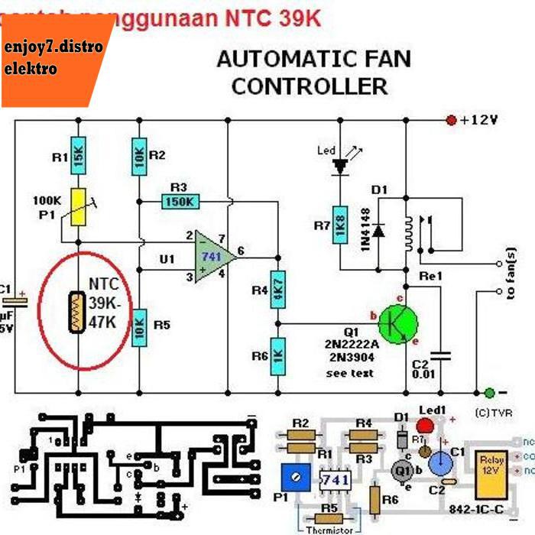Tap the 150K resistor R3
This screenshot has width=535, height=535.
coord(180,202)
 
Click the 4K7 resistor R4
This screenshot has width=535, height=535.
coord(278,290)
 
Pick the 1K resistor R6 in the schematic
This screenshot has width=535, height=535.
coord(278,356)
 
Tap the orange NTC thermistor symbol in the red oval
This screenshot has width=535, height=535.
coord(76,312)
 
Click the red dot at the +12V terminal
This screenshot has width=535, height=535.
coord(451,120)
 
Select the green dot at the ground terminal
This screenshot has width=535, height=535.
coord(489,392)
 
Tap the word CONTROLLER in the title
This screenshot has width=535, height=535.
coord(310,86)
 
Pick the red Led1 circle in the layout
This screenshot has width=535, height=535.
coord(424,426)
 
